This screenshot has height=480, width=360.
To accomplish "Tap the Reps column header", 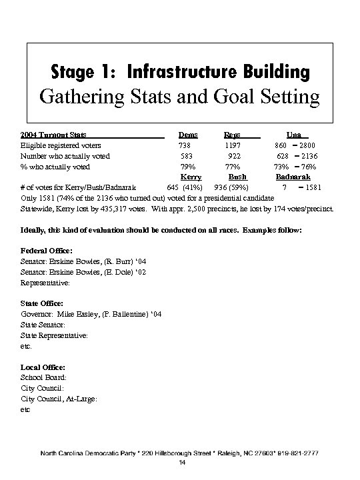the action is point(232,135).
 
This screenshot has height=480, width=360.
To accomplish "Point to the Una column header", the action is point(293,135).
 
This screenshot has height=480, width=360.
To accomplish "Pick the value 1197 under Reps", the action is point(233,145).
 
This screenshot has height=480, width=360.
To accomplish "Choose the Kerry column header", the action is point(191,177).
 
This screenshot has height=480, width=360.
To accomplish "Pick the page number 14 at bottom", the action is point(181,463).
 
